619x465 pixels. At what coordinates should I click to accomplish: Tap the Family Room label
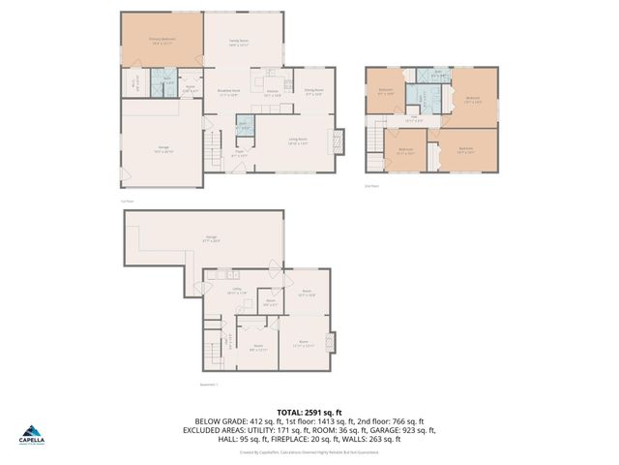239,43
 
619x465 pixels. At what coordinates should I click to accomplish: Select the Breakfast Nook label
228,94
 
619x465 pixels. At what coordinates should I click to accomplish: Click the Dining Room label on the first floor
313,94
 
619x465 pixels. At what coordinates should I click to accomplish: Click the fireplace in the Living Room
338,138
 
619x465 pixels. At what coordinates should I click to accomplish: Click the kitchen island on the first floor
273,76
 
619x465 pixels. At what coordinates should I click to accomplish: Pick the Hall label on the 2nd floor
412,119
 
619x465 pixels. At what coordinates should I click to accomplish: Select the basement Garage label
210,237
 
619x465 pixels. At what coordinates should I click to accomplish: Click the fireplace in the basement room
333,342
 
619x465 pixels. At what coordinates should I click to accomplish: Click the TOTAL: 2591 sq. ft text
309,412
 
